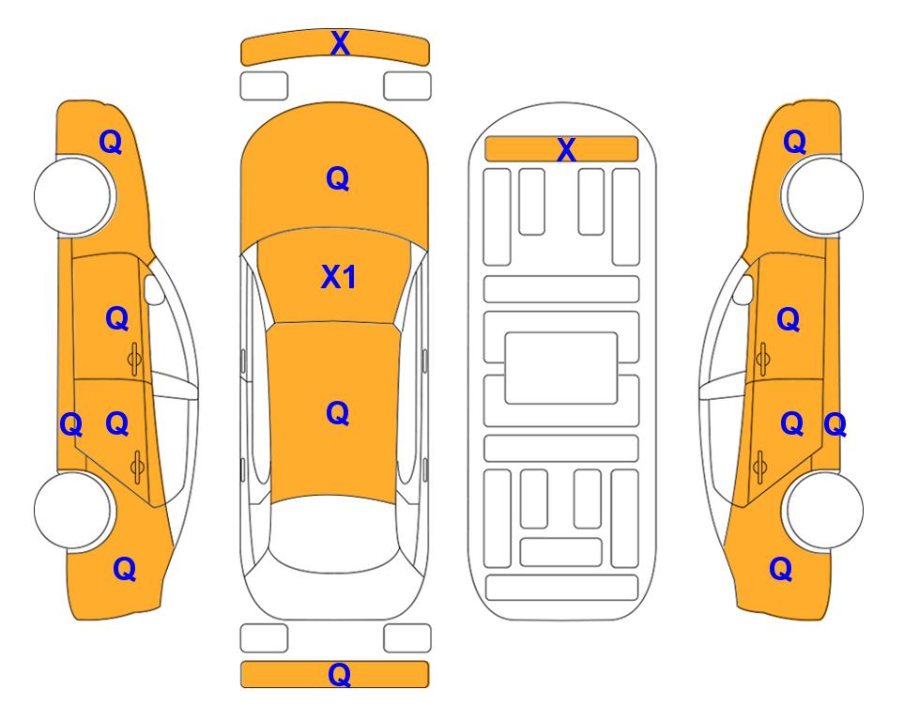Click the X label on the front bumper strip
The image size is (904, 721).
point(340,42)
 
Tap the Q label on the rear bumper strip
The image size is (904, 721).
point(339,674)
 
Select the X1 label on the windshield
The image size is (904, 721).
point(339,277)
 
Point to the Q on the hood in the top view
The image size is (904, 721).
point(338,177)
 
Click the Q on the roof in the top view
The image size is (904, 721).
point(338,412)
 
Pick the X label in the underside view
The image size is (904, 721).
point(566,150)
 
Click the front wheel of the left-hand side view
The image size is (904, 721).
point(73,195)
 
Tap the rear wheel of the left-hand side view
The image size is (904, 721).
point(73,510)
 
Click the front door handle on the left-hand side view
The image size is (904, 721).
point(135,359)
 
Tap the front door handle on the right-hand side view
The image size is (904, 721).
point(762,359)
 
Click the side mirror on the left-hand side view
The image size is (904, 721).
point(153,289)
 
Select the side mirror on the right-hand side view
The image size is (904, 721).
point(743,289)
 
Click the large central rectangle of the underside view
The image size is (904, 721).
point(561,368)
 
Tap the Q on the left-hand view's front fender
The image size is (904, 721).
point(111,142)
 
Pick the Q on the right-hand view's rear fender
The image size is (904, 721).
point(781,568)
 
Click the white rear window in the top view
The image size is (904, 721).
point(334,533)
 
